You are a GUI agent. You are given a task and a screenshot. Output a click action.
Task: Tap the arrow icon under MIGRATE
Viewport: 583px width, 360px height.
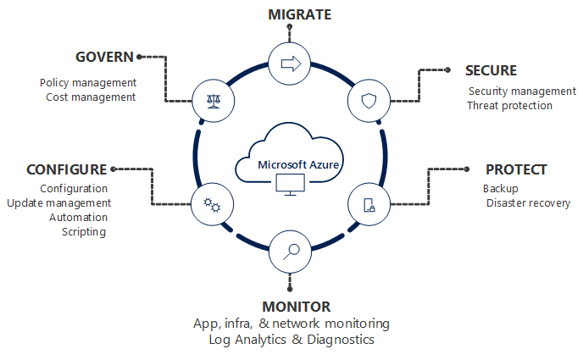click(x=290, y=63)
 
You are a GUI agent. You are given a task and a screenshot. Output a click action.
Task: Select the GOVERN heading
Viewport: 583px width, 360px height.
click(x=105, y=57)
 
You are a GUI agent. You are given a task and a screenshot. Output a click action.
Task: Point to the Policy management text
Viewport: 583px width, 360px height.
click(x=88, y=82)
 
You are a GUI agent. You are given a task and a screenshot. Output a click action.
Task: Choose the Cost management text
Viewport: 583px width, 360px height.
click(x=91, y=97)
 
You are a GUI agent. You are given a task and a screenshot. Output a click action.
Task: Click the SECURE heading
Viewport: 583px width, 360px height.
click(x=491, y=70)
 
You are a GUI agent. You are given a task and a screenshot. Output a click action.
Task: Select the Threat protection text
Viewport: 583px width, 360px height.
click(x=509, y=106)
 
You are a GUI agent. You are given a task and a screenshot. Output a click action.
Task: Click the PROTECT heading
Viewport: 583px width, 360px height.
click(x=516, y=169)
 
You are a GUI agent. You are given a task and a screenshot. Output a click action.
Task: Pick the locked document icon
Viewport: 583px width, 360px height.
click(x=369, y=204)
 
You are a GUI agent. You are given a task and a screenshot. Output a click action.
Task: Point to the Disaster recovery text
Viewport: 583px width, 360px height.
click(x=528, y=203)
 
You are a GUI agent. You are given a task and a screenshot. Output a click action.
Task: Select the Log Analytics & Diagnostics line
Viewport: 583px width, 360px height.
click(x=291, y=340)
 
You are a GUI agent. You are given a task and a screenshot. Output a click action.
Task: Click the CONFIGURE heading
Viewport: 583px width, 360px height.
click(x=67, y=169)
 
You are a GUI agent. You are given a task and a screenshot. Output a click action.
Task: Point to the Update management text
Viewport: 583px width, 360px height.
click(x=59, y=203)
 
